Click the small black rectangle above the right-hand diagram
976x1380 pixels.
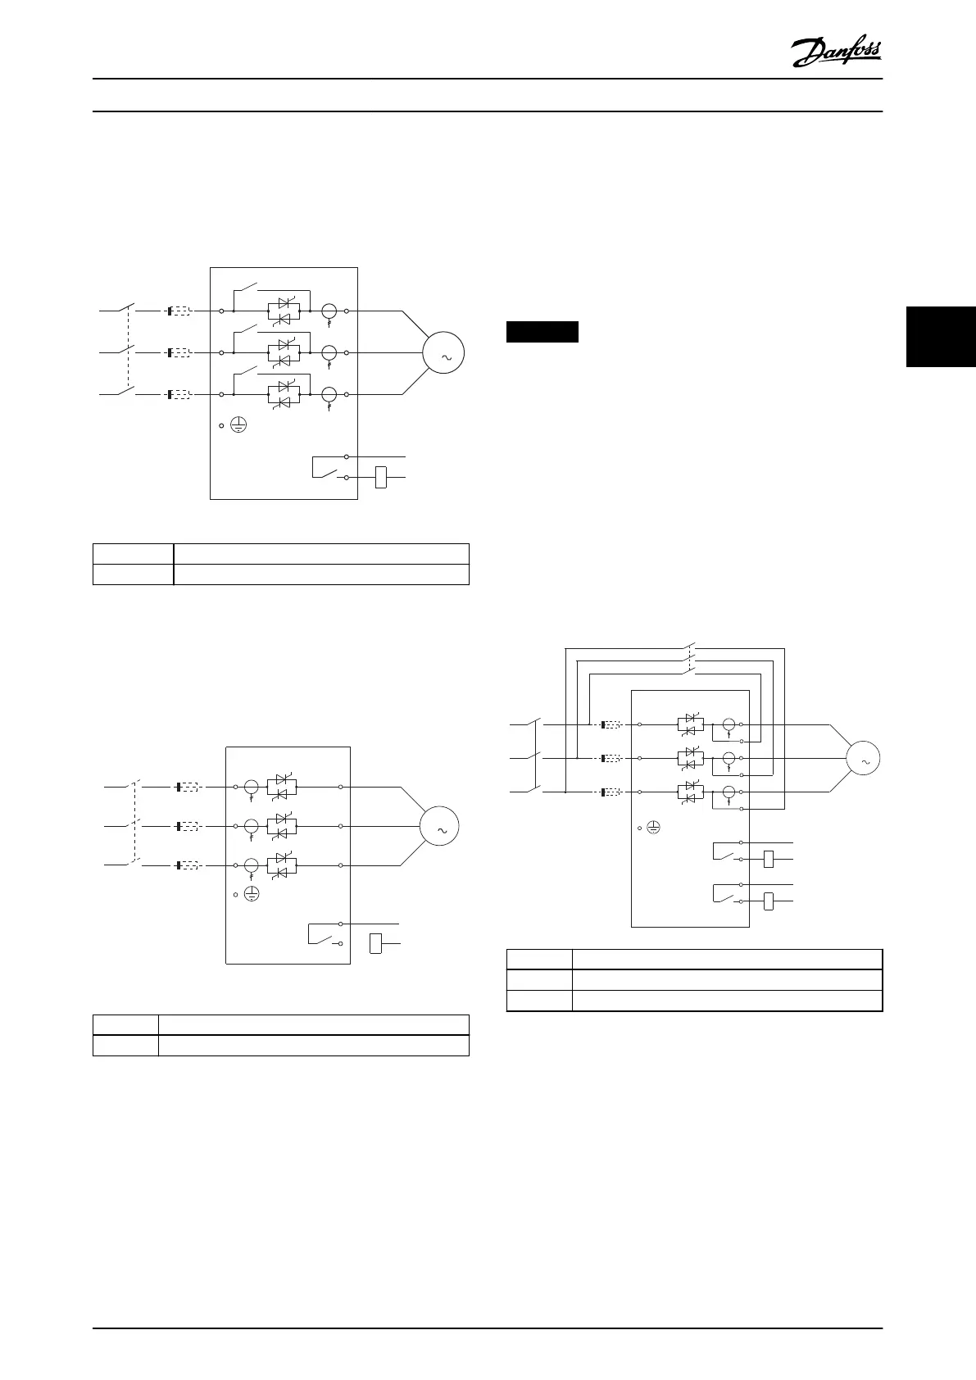pyautogui.click(x=542, y=332)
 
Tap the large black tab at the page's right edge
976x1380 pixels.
pyautogui.click(x=942, y=336)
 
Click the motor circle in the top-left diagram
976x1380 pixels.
pyautogui.click(x=443, y=353)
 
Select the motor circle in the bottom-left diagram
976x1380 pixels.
pyautogui.click(x=439, y=827)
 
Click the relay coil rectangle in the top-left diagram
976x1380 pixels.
pyautogui.click(x=380, y=477)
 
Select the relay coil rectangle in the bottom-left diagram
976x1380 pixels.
pyautogui.click(x=376, y=943)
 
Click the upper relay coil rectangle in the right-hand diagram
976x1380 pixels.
pyautogui.click(x=769, y=859)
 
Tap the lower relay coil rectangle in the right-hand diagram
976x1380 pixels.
pyautogui.click(x=769, y=901)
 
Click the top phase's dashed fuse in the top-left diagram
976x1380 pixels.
pyautogui.click(x=179, y=311)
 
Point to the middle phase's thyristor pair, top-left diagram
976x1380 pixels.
pyautogui.click(x=284, y=352)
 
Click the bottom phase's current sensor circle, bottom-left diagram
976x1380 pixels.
pyautogui.click(x=252, y=865)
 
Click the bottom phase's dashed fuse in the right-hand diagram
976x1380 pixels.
pyautogui.click(x=611, y=792)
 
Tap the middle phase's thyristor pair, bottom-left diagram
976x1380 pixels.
pyautogui.click(x=282, y=826)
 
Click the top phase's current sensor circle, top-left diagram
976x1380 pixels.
pyautogui.click(x=329, y=311)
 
